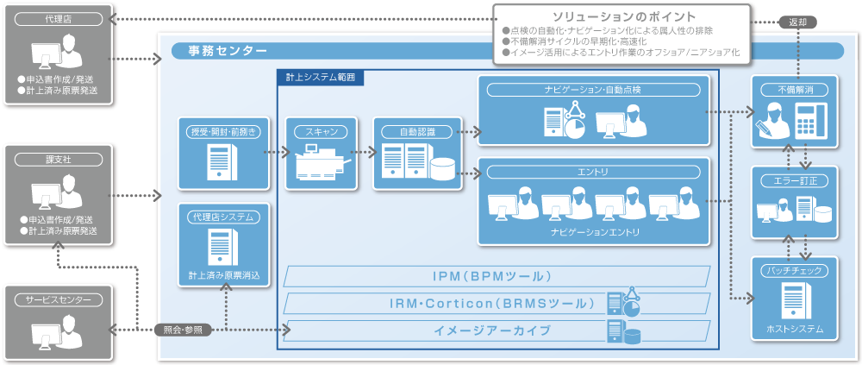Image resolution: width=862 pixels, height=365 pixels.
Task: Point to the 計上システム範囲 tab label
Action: (320, 77)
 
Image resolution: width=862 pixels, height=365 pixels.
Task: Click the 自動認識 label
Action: (418, 132)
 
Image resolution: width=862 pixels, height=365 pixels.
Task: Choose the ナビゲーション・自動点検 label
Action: (595, 90)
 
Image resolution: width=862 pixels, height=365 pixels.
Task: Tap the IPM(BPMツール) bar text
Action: (495, 276)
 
